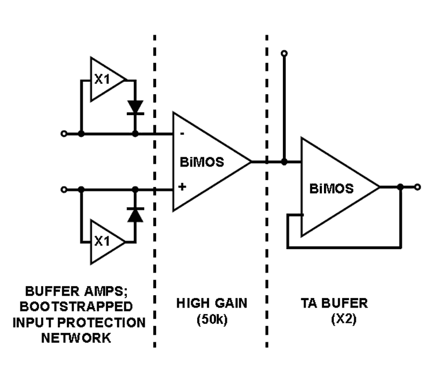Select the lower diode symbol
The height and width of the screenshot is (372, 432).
pos(135,215)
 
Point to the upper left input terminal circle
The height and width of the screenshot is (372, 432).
pos(64,134)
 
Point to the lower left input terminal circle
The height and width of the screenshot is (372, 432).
pos(64,189)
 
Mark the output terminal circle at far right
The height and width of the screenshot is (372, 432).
pos(417,187)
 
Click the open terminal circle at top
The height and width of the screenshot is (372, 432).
pos(285,53)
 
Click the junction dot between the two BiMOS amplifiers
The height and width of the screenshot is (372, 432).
pos(285,161)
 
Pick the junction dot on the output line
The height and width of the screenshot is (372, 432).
pos(400,187)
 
